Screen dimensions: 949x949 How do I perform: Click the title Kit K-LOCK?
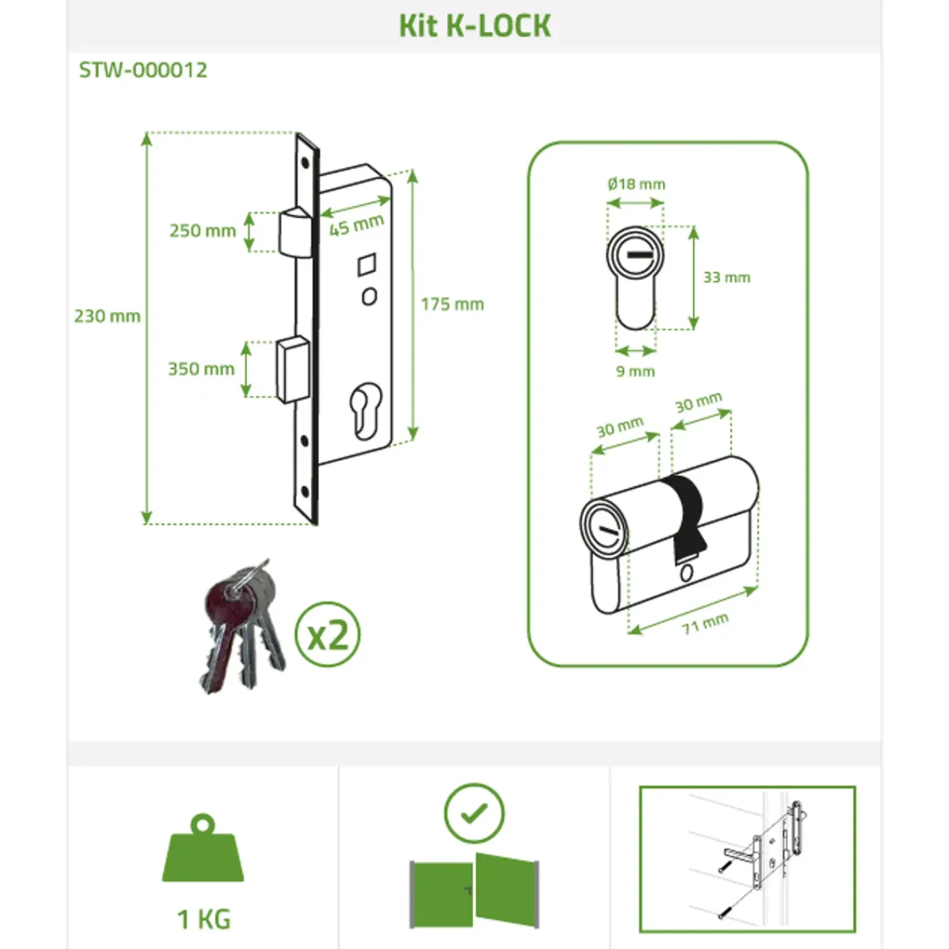click(x=474, y=26)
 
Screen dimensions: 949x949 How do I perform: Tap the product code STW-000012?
click(x=143, y=70)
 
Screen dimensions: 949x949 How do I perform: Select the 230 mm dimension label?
click(x=107, y=316)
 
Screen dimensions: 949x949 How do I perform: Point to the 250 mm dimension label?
click(x=203, y=230)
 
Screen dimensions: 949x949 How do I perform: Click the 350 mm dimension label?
click(x=201, y=369)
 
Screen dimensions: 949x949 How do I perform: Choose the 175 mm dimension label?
click(x=452, y=304)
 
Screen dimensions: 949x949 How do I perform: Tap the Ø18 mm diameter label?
click(x=637, y=184)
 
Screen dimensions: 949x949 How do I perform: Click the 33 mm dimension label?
click(x=727, y=277)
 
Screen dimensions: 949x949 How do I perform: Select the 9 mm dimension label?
click(x=635, y=371)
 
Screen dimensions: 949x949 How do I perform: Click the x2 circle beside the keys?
click(x=327, y=634)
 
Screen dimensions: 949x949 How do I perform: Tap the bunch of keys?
click(x=242, y=626)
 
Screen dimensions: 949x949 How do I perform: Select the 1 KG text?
click(x=203, y=919)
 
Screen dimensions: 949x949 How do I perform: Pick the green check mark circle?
click(x=474, y=813)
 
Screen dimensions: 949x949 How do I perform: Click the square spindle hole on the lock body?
click(x=367, y=264)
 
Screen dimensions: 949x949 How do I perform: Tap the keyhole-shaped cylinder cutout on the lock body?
click(x=365, y=411)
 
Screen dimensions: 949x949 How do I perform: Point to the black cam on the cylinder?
click(x=685, y=517)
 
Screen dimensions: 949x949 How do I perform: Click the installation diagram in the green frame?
click(x=747, y=859)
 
